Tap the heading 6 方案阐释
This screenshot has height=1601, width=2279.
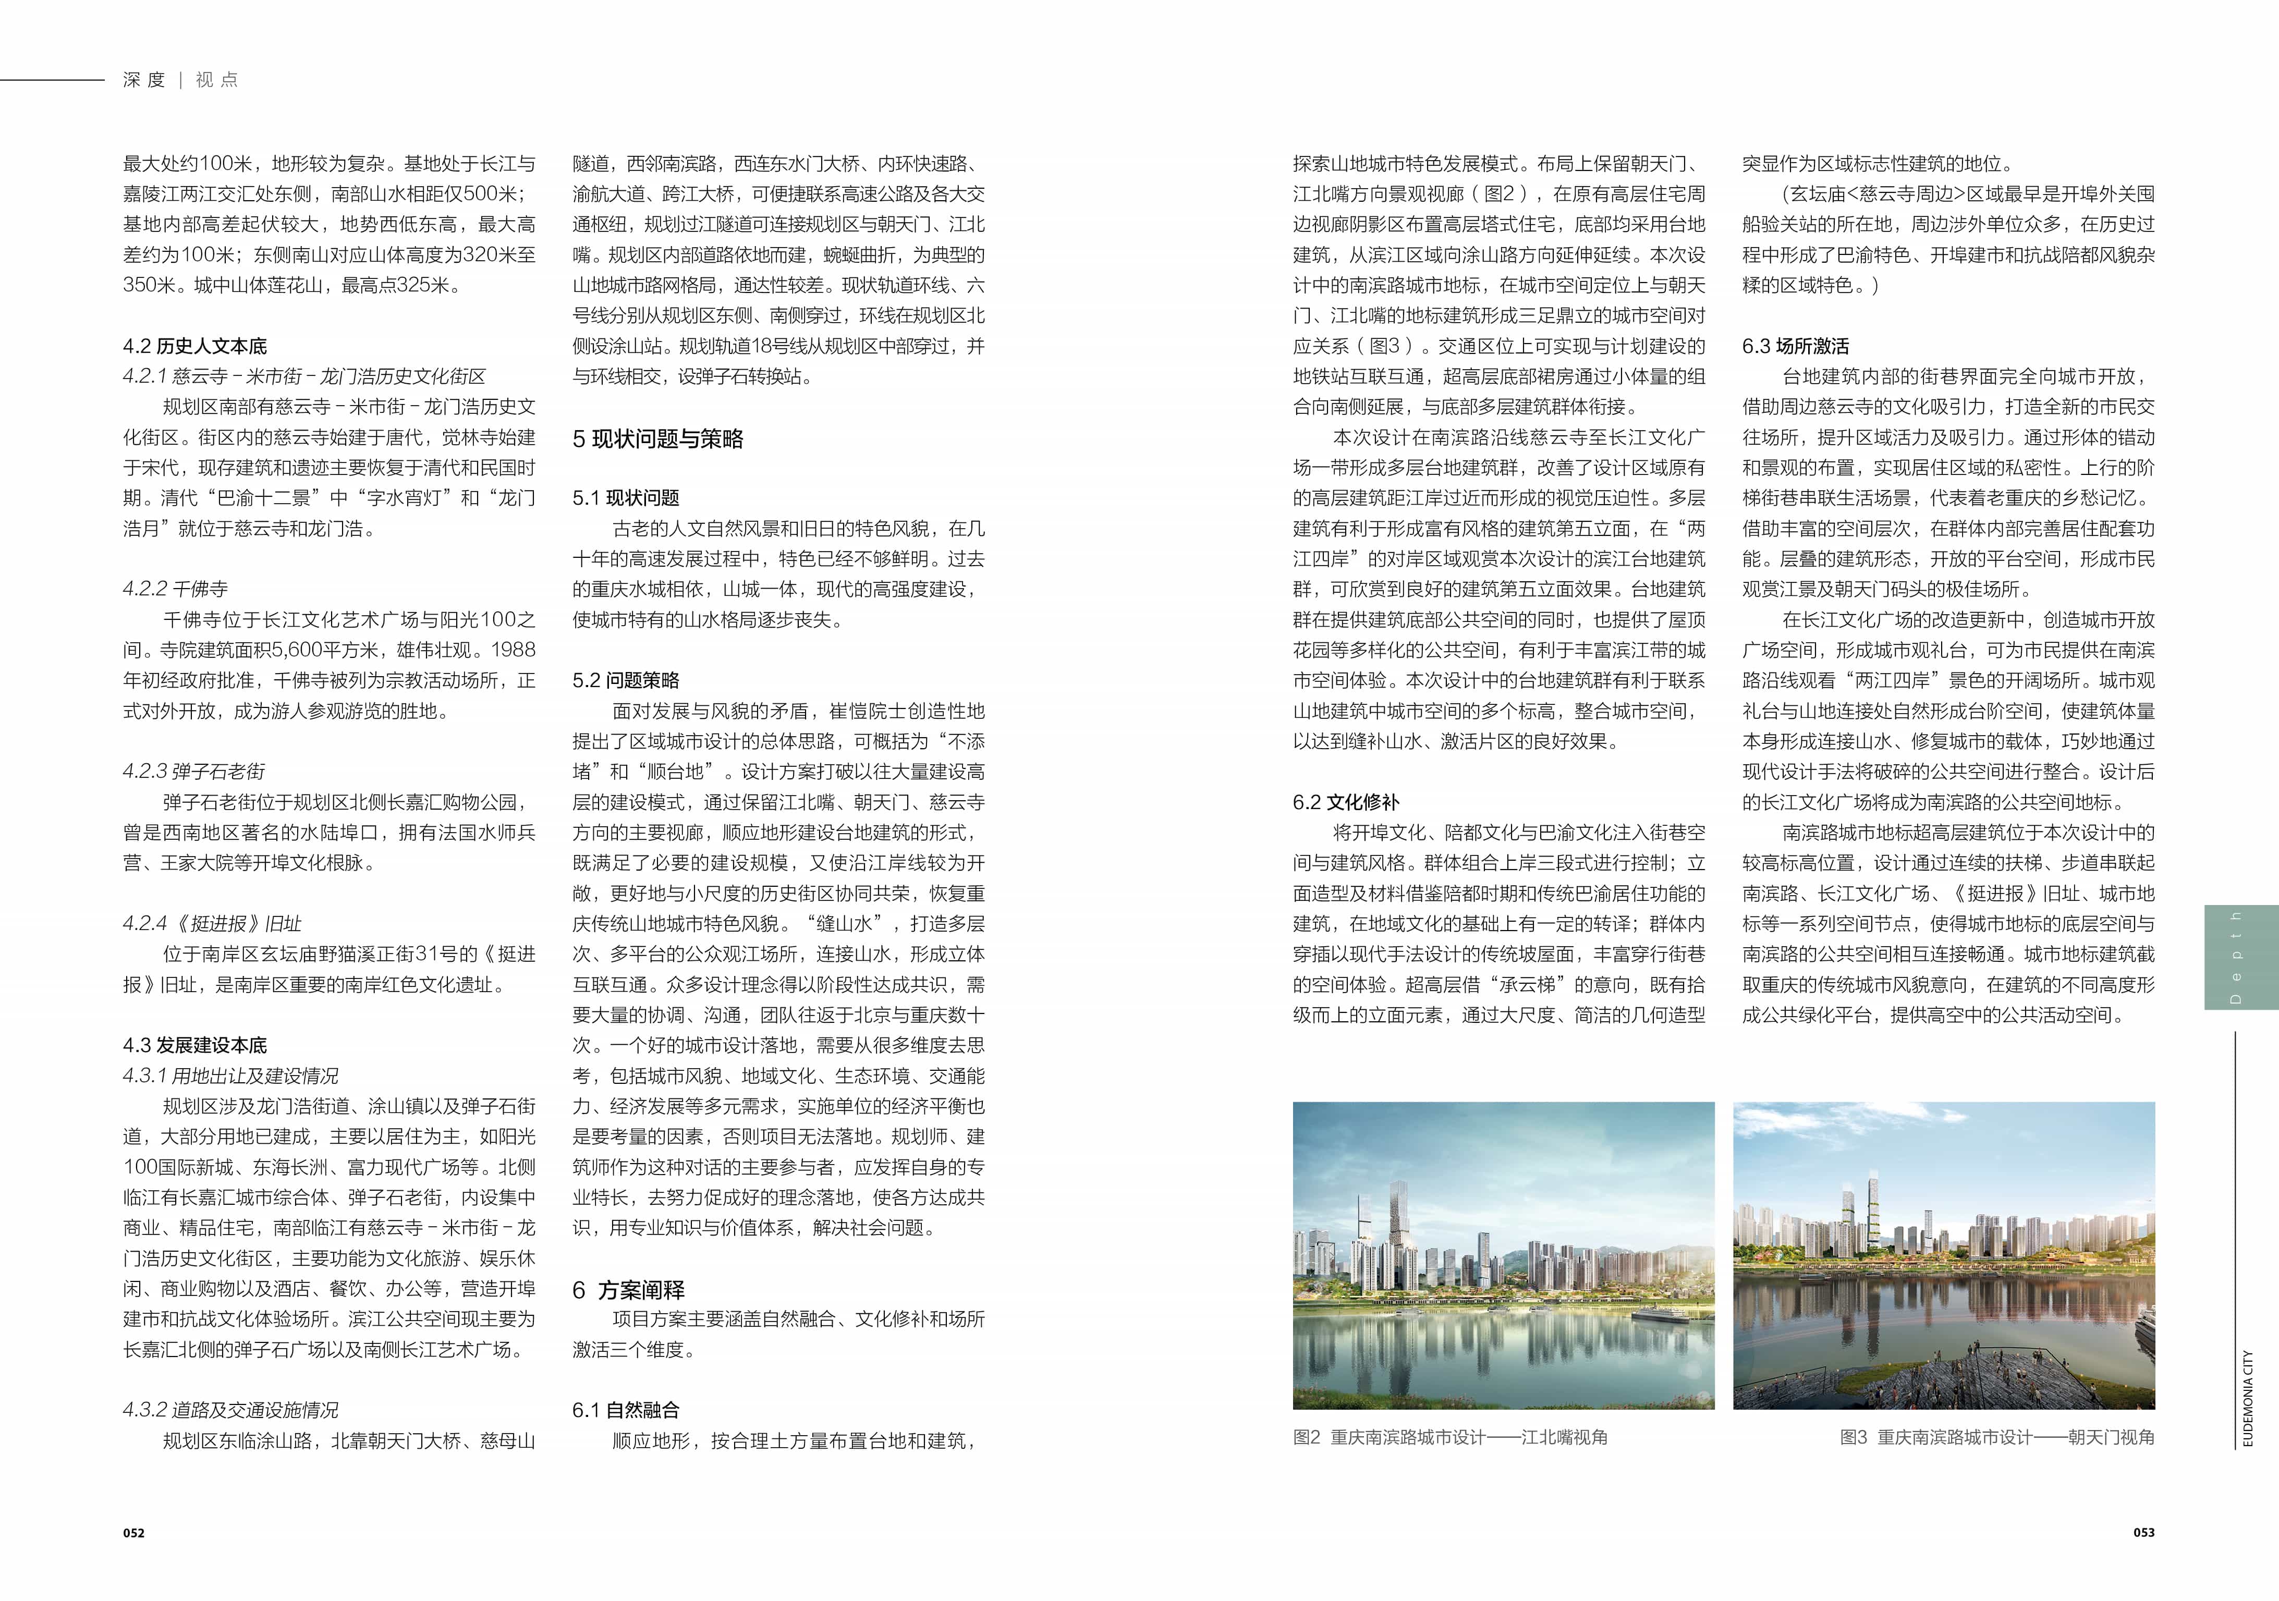(628, 1289)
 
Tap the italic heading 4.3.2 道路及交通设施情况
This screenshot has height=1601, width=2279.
(230, 1410)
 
